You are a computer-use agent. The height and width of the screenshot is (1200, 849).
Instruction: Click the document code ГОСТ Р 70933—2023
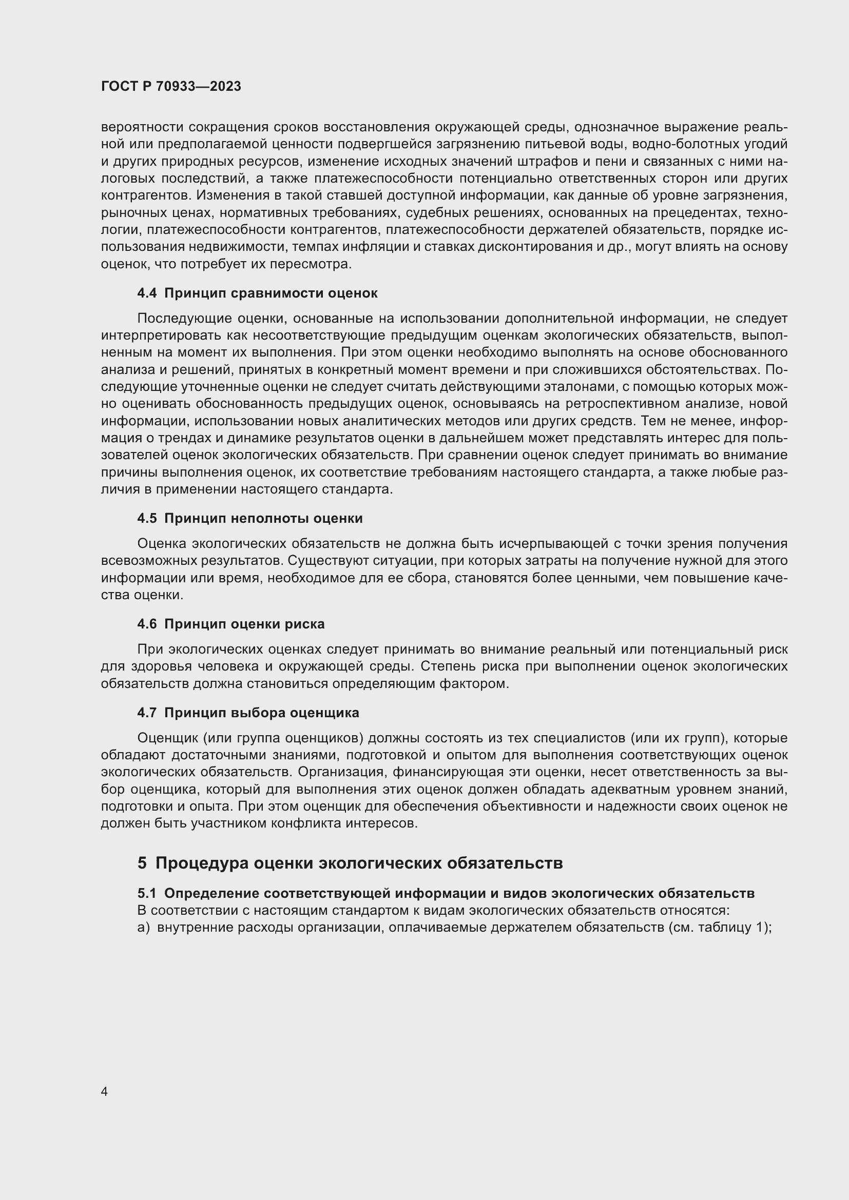click(171, 86)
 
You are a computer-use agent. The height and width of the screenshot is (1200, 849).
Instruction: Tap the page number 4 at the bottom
click(104, 1091)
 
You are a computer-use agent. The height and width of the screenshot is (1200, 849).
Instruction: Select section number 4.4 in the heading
click(147, 293)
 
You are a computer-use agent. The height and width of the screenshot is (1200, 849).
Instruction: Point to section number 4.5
click(147, 519)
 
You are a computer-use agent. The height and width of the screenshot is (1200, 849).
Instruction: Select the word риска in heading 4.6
click(306, 624)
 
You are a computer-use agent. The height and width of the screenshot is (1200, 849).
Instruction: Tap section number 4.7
click(147, 713)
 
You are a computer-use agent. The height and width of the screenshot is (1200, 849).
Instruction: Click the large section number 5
click(142, 862)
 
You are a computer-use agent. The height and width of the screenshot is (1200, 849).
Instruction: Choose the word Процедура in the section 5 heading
click(202, 862)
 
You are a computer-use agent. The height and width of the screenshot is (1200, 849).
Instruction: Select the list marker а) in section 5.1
click(143, 928)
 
